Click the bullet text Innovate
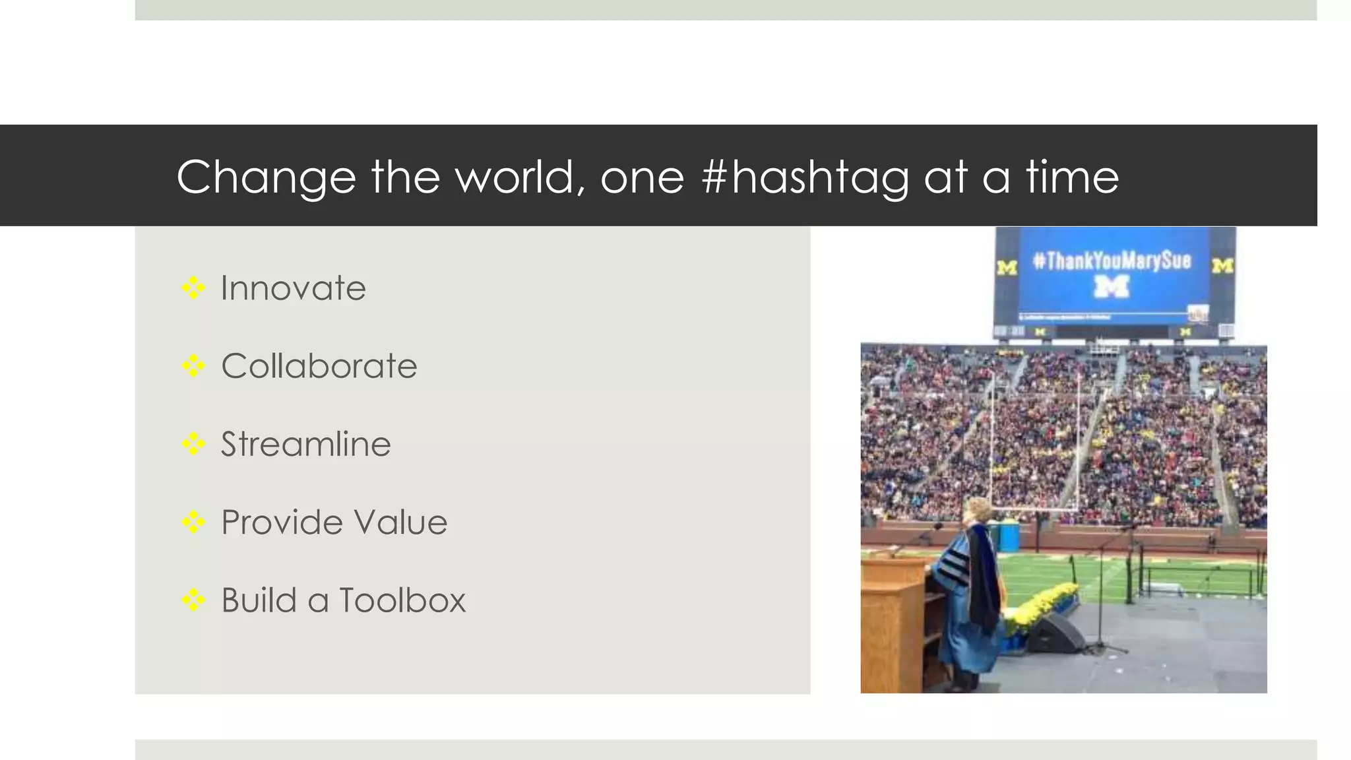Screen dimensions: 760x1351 click(293, 288)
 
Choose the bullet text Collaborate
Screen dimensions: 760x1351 click(319, 366)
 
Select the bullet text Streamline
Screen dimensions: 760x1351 click(305, 444)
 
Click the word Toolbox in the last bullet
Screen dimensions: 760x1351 click(402, 600)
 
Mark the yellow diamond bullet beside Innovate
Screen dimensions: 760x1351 click(193, 288)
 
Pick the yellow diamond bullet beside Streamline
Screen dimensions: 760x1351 click(193, 444)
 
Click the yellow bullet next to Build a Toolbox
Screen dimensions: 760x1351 click(193, 600)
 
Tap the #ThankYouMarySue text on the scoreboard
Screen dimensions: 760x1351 click(1112, 261)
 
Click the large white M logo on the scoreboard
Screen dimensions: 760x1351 click(1112, 286)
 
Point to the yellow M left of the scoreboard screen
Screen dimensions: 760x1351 click(1007, 267)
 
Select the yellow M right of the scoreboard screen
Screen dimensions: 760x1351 click(1222, 265)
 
